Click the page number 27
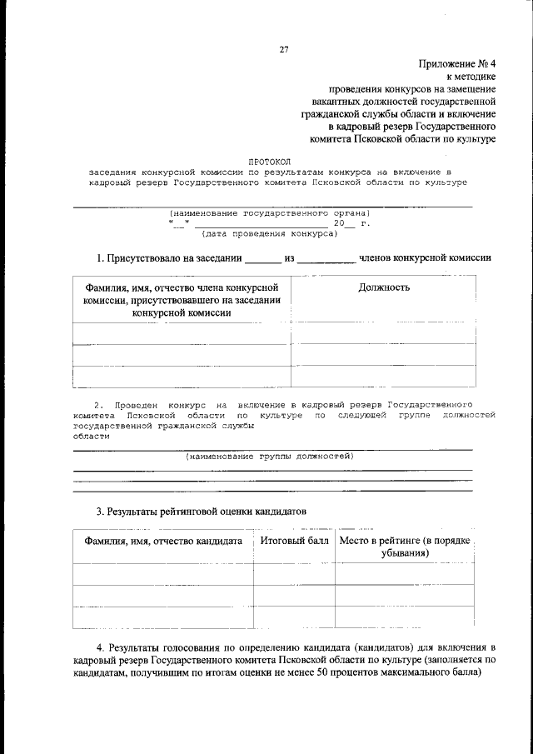tap(283, 49)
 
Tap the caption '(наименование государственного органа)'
tap(269, 213)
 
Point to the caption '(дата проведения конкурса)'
tap(270, 234)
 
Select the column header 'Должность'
tap(383, 287)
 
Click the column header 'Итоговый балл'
tap(294, 541)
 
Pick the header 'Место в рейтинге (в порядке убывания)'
tap(406, 547)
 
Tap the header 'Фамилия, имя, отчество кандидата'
tap(163, 542)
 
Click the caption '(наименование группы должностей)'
tap(270, 457)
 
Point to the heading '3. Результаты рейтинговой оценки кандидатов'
tap(202, 509)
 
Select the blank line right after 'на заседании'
tap(263, 260)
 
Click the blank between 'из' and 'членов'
tap(326, 260)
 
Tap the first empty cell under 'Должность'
tap(383, 333)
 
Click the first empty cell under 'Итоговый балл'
tap(294, 575)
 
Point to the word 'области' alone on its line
tap(91, 437)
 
